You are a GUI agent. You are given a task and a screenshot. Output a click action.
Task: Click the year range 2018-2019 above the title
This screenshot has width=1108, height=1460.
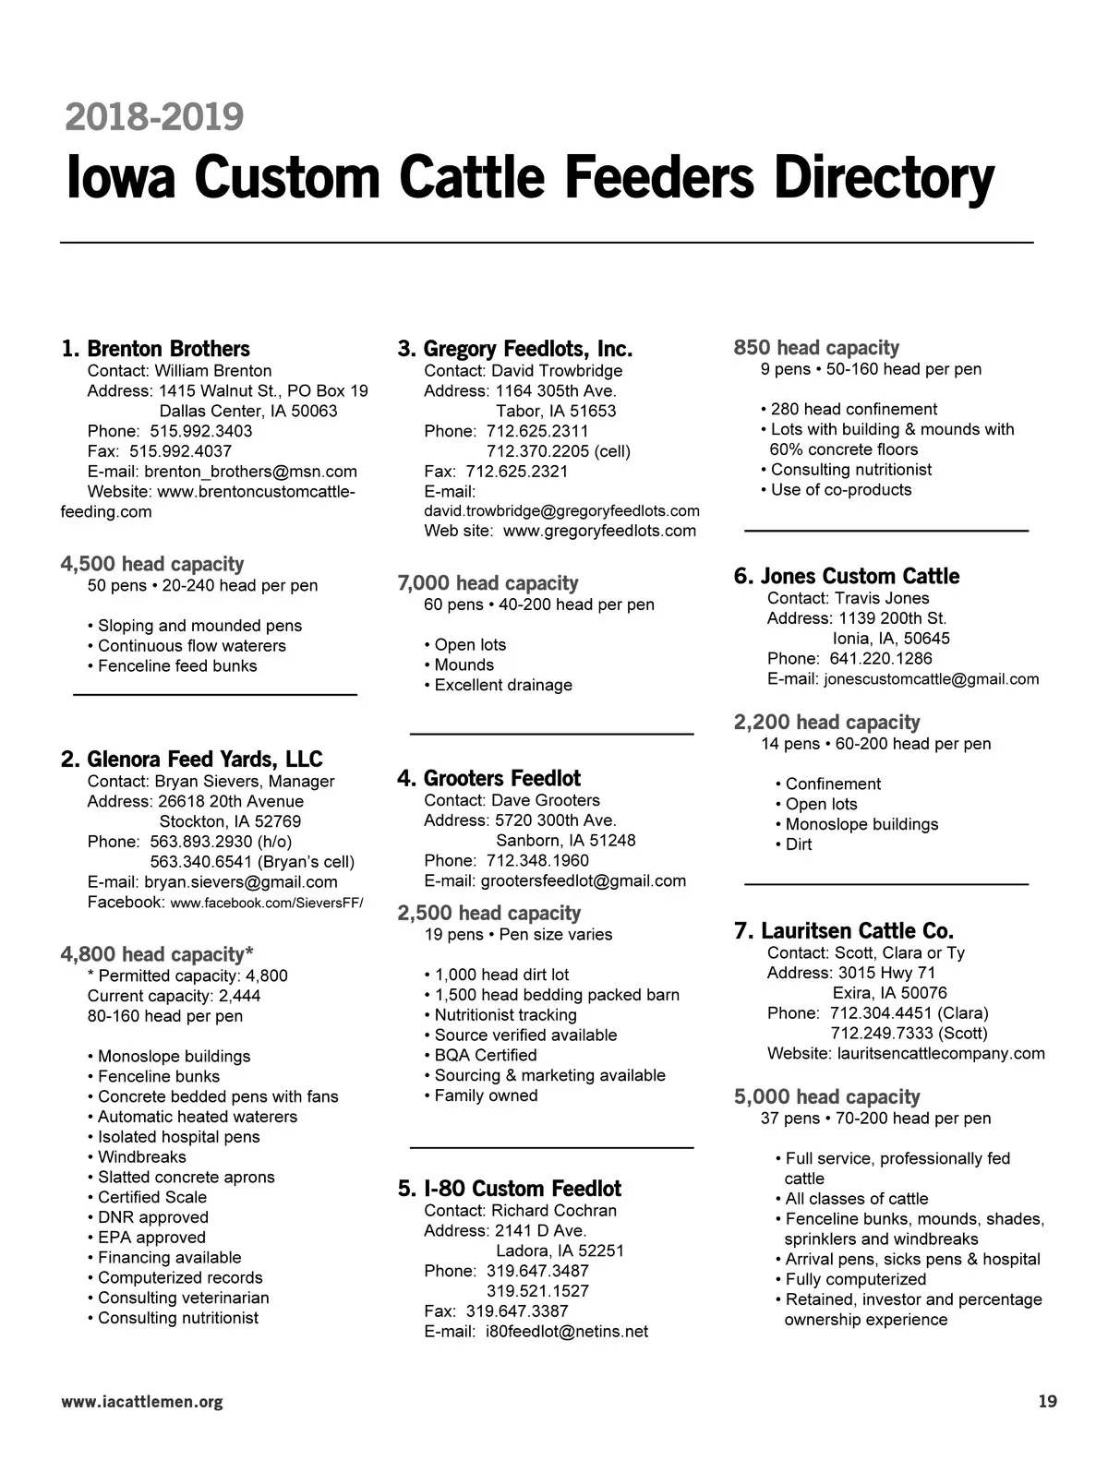tap(154, 117)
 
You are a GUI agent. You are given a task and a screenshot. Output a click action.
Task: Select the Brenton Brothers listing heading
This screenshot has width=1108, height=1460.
tap(168, 349)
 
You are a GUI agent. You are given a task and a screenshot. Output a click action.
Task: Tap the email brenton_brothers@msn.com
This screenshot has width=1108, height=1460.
tap(250, 472)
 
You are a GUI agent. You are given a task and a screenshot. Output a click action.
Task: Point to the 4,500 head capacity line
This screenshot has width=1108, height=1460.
tap(152, 564)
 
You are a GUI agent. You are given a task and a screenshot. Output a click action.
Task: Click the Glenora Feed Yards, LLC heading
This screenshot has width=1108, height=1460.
tap(204, 760)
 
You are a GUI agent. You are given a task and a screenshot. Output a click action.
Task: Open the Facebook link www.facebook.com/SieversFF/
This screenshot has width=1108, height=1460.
tap(267, 903)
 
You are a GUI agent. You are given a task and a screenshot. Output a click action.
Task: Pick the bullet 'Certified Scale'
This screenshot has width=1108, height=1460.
tap(152, 1197)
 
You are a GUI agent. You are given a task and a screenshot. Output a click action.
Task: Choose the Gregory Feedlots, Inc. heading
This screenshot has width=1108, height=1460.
tap(527, 349)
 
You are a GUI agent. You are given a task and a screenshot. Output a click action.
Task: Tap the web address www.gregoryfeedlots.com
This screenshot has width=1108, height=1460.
tap(599, 531)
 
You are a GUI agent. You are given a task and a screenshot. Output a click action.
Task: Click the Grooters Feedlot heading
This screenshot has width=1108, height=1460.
tap(501, 778)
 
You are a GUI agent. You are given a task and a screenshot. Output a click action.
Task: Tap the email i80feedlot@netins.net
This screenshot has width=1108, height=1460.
tap(566, 1331)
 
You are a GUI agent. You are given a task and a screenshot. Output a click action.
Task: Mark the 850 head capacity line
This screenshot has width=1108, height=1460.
tap(816, 348)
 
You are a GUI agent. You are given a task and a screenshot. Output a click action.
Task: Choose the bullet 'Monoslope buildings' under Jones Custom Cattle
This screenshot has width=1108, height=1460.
tap(861, 824)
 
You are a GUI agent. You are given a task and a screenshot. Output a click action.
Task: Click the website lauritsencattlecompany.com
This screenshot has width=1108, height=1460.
tap(941, 1053)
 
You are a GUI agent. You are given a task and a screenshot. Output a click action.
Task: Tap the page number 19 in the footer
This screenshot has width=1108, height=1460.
tap(1047, 1402)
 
